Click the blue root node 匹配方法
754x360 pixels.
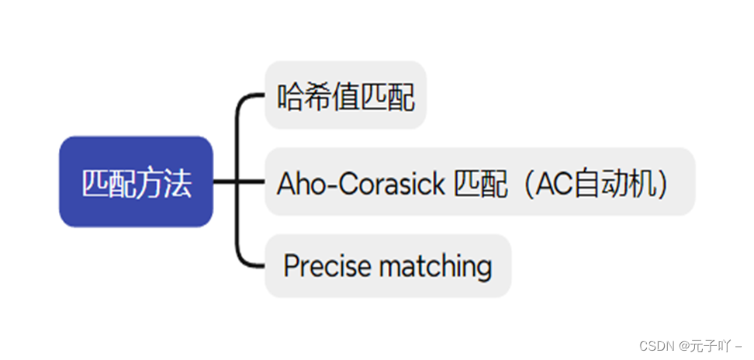pos(136,182)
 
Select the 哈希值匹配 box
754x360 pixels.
pos(345,95)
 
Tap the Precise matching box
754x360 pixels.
pos(388,266)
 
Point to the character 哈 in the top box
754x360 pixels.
pos(290,96)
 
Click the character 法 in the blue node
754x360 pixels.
pos(178,183)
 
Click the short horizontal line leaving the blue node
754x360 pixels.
pos(223,182)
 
